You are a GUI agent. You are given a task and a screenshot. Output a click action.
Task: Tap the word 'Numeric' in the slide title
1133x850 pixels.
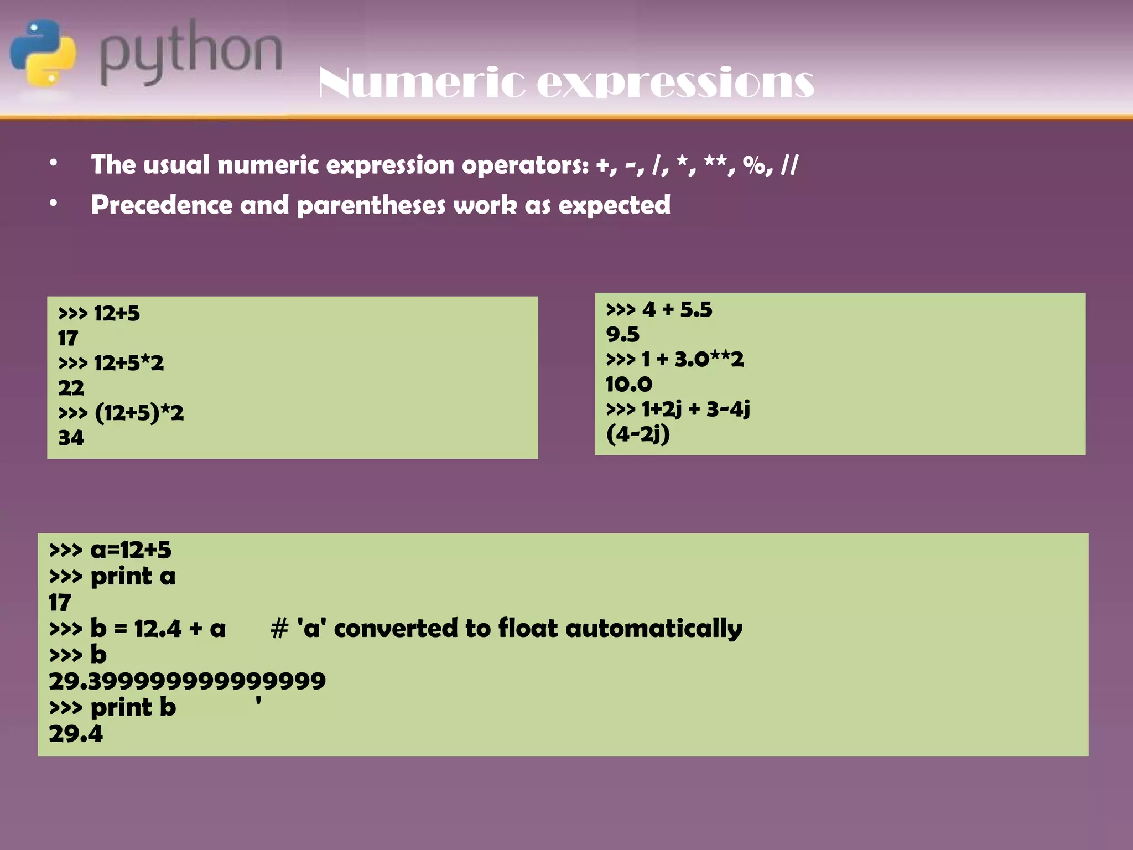click(x=420, y=83)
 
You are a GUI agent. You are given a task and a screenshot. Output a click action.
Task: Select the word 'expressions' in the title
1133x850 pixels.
click(x=675, y=83)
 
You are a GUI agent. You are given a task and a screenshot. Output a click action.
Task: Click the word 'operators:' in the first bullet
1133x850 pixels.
click(x=525, y=165)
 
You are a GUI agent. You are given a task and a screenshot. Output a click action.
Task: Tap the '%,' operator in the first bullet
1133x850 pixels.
click(x=757, y=165)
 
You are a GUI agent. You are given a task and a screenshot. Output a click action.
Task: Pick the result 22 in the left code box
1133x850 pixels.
click(x=71, y=388)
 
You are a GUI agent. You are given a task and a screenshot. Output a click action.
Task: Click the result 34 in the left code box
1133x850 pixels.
click(x=71, y=438)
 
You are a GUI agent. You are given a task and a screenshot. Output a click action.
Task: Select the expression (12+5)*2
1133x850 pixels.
click(x=139, y=413)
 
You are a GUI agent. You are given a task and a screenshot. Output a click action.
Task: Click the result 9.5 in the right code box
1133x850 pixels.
click(x=622, y=334)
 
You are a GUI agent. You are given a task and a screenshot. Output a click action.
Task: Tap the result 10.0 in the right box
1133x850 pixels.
click(x=629, y=384)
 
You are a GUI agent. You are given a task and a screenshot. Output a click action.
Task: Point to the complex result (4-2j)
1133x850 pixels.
click(x=638, y=434)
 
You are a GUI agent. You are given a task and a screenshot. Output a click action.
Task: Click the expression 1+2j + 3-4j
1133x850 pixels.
click(x=695, y=410)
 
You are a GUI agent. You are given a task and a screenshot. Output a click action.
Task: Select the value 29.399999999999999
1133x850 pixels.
click(x=187, y=681)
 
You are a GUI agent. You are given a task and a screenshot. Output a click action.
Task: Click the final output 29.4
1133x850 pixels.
click(x=76, y=734)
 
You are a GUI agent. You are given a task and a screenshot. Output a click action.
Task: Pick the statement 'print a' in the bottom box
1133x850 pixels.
click(x=133, y=577)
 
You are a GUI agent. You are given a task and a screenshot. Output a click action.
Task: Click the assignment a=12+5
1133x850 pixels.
click(x=131, y=550)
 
